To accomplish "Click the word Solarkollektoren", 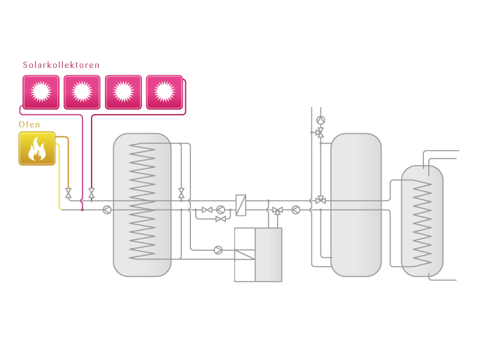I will click(x=61, y=65).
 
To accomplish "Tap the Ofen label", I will click(x=29, y=125).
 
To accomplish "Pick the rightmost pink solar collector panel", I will click(x=164, y=92).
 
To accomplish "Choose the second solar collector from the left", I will click(x=82, y=92).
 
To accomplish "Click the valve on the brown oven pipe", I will click(x=69, y=193).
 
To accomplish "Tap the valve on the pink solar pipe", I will click(x=92, y=193).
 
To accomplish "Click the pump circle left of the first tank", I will click(x=107, y=209).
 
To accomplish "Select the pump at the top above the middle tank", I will click(x=320, y=120).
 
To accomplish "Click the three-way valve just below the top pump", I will click(x=320, y=132).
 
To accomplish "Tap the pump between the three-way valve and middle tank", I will click(x=296, y=209).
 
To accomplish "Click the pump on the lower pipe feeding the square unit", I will click(x=218, y=250).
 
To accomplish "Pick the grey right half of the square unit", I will click(x=269, y=254).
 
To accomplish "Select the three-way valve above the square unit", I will click(x=278, y=210).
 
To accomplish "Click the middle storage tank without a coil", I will click(x=355, y=204).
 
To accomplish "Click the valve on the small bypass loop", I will click(x=220, y=219).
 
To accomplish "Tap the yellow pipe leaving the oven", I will click(x=59, y=182).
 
